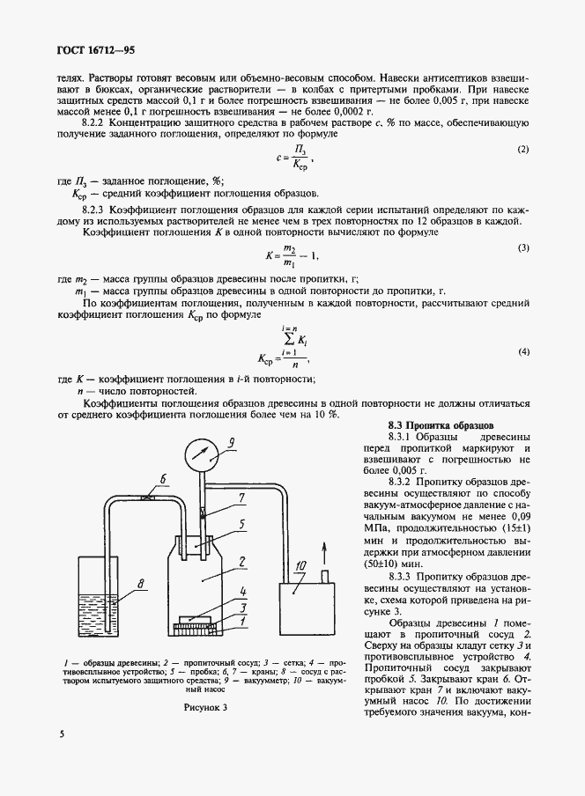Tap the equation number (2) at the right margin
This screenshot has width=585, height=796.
click(522, 149)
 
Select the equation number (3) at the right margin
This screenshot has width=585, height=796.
click(522, 248)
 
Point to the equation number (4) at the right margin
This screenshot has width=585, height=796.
click(522, 351)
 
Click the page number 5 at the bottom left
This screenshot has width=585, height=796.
click(63, 733)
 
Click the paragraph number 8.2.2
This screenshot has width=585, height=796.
click(94, 126)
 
